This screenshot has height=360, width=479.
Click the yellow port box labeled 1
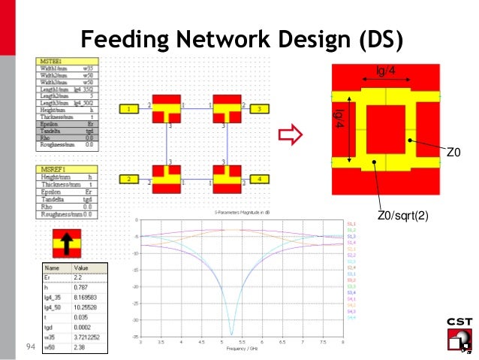[130, 110]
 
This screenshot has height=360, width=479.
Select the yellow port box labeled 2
[130, 180]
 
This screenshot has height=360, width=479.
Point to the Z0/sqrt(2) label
[403, 216]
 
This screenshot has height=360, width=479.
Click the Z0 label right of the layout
[453, 153]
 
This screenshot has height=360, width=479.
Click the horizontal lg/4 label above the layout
[386, 72]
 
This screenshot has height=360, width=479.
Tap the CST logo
[459, 334]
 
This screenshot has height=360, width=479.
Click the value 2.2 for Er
[79, 277]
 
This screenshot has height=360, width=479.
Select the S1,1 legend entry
[351, 224]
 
